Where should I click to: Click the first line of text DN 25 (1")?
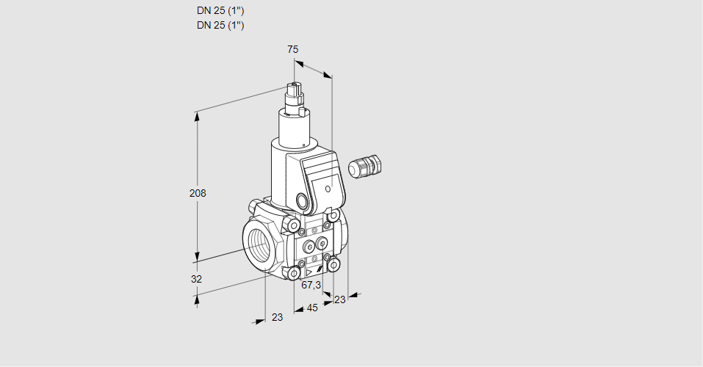click(x=220, y=11)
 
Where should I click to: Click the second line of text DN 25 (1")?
click(x=220, y=25)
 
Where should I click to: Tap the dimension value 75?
click(x=292, y=49)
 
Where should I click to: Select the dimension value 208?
click(x=198, y=193)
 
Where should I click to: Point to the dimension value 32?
click(x=196, y=279)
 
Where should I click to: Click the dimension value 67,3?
click(x=311, y=285)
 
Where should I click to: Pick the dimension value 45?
click(x=312, y=308)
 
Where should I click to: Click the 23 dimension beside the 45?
click(x=339, y=299)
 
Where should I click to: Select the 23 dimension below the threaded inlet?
click(x=277, y=317)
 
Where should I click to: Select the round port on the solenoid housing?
click(x=302, y=200)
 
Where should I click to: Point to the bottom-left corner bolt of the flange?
click(x=295, y=274)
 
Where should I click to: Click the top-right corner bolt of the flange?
click(x=334, y=216)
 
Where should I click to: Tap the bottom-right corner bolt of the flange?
click(x=334, y=264)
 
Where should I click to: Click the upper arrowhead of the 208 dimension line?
click(x=196, y=114)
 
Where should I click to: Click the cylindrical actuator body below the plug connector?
click(x=296, y=128)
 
